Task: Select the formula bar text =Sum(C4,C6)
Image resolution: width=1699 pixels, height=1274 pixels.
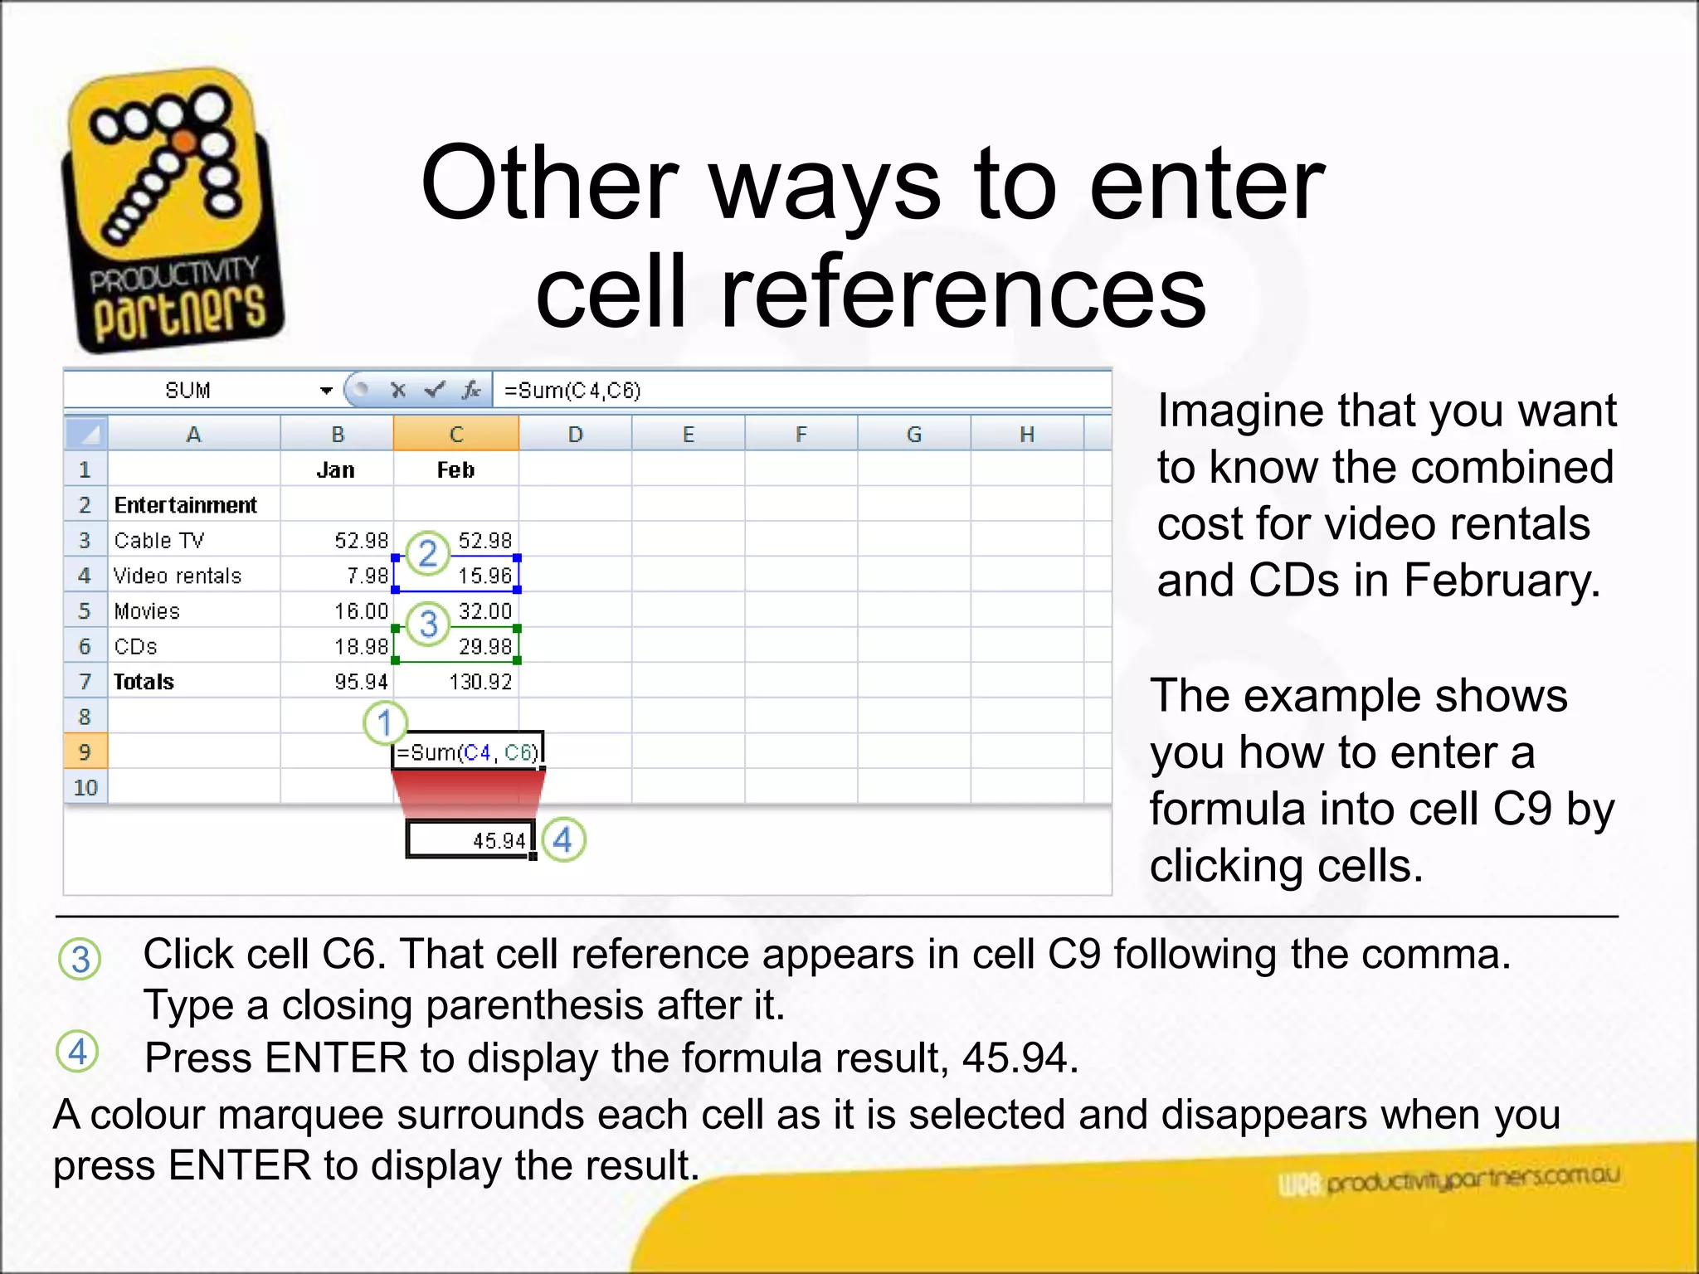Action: coord(572,390)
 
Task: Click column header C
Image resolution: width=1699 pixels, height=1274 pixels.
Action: coord(455,434)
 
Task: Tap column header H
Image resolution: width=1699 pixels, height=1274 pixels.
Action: coord(1026,434)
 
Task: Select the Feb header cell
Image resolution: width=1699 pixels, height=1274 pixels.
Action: coord(455,469)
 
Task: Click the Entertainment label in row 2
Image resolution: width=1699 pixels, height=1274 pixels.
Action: coord(185,505)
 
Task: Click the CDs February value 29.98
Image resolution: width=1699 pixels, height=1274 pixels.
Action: coord(484,646)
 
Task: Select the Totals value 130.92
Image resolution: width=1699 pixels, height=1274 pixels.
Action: coord(480,682)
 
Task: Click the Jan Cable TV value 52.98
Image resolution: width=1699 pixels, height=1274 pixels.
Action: coord(361,541)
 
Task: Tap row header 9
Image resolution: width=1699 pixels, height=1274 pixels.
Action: coord(85,752)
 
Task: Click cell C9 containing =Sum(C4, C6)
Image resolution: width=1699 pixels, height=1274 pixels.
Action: coord(467,752)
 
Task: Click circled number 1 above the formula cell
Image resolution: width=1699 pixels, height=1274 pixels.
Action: coord(385,722)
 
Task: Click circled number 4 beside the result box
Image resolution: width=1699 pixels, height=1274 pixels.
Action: coord(563,839)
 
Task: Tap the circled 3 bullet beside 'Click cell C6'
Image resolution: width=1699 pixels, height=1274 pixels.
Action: coord(80,959)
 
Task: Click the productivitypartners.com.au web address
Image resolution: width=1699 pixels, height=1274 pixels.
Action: coord(1472,1179)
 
